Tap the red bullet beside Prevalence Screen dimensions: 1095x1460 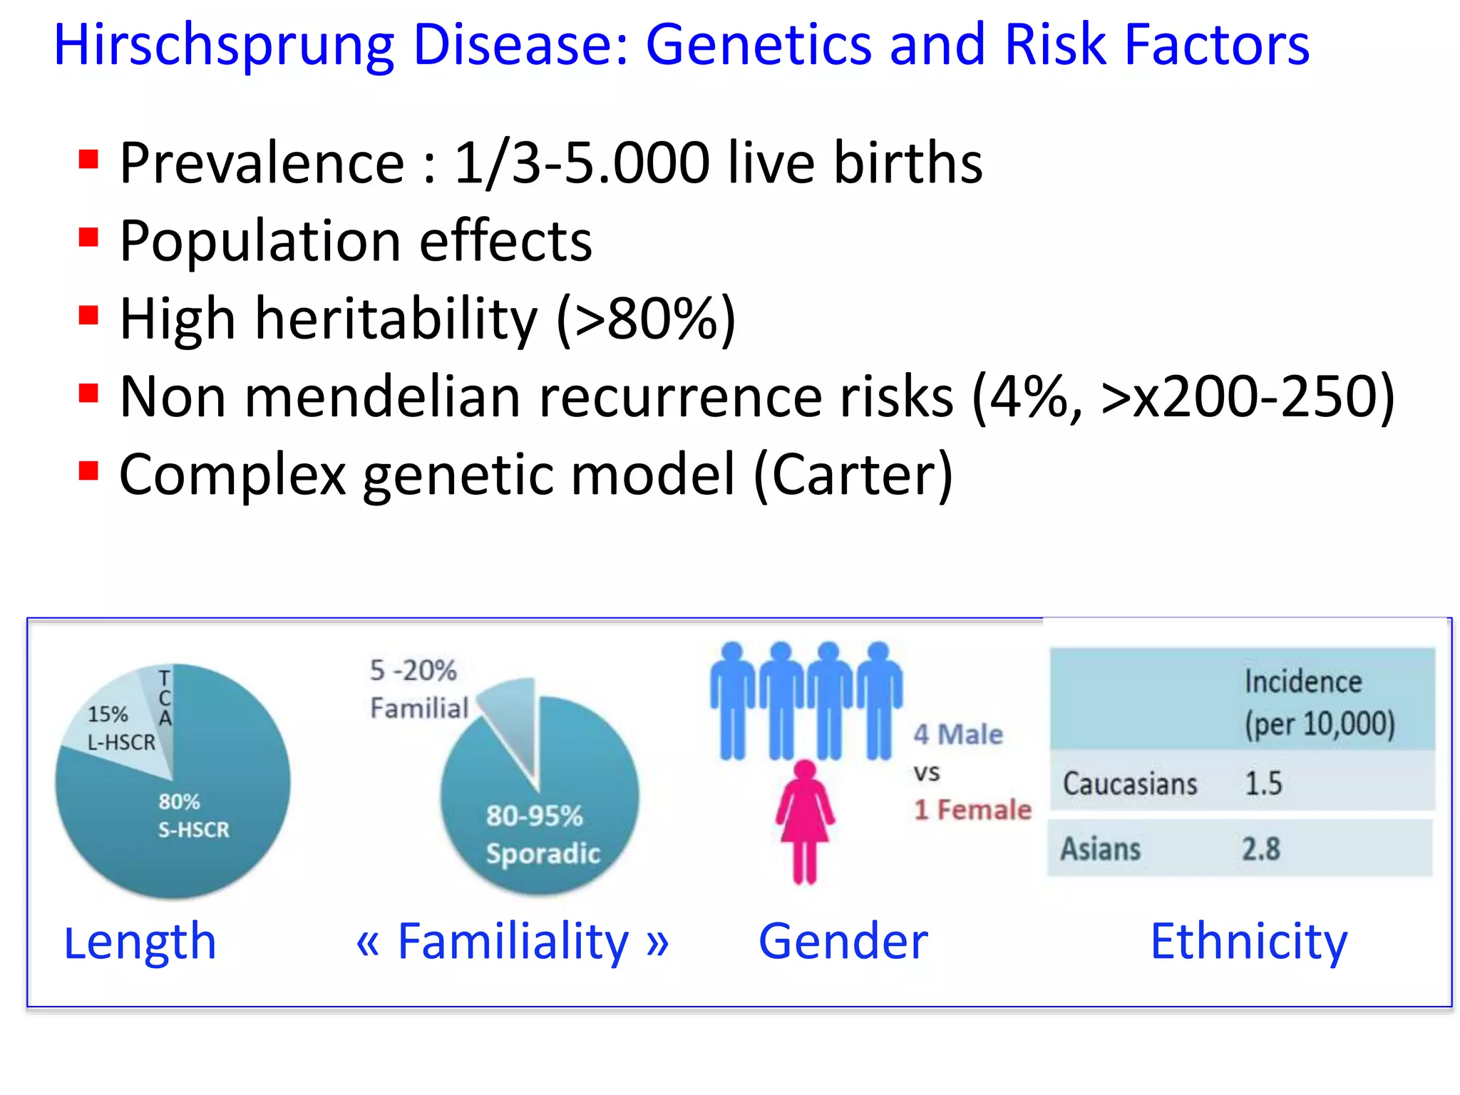point(88,159)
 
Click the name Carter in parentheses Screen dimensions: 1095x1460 point(853,475)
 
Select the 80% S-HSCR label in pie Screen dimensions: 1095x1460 point(193,816)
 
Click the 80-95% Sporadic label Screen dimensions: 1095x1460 point(542,834)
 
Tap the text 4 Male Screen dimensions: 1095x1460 point(957,734)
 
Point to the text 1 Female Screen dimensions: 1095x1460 point(972,810)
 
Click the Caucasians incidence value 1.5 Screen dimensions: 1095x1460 point(1263,783)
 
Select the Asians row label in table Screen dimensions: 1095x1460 point(1100,849)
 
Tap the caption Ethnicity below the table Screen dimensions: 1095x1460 point(1248,942)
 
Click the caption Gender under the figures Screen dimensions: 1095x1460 point(843,942)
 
